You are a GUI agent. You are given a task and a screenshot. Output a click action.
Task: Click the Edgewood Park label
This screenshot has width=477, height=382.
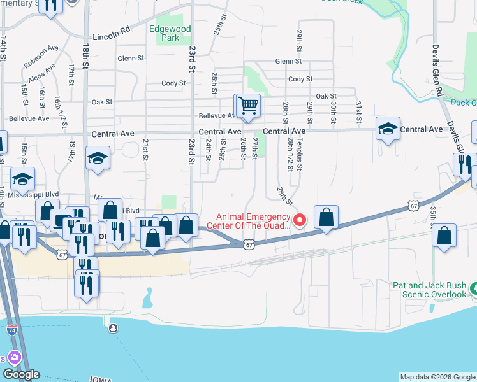click(170, 33)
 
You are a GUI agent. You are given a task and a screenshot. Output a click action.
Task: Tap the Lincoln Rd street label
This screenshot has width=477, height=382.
click(111, 38)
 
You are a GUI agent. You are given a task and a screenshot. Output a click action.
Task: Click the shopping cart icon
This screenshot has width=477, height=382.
click(248, 105)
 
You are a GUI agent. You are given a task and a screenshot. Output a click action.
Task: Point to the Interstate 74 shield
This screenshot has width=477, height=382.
click(11, 330)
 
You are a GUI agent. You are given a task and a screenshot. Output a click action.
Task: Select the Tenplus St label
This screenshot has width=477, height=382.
click(299, 152)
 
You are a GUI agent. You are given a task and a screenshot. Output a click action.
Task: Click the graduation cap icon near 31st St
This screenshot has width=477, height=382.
click(387, 129)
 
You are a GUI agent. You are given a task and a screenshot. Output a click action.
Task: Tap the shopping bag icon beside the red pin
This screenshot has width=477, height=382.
click(326, 218)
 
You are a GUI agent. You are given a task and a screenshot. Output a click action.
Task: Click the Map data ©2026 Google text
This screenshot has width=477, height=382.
click(437, 377)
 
